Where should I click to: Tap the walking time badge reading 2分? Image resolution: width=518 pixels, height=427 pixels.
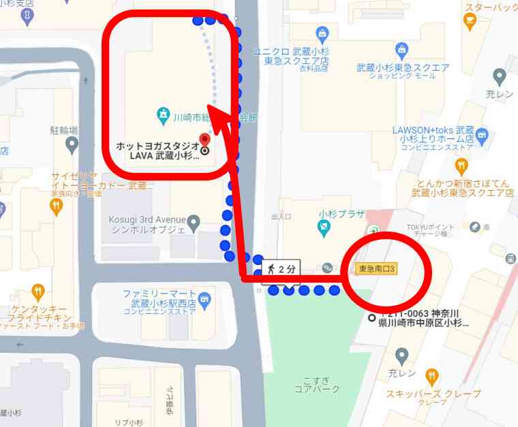(x=281, y=268)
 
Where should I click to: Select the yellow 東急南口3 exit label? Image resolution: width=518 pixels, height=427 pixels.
(x=376, y=269)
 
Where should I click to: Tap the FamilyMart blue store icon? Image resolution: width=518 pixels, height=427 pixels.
(x=205, y=297)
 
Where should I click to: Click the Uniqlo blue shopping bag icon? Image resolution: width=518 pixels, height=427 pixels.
(x=322, y=33)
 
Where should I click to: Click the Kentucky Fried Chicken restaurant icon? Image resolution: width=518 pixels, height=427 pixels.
(x=37, y=292)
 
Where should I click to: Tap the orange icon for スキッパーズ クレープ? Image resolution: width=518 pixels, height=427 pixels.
(x=431, y=377)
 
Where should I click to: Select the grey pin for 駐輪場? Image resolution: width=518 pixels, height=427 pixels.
(x=72, y=144)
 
